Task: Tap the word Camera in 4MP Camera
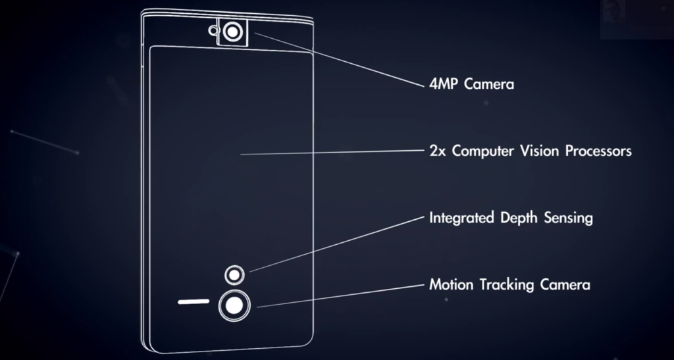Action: (x=488, y=85)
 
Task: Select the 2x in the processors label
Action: (x=438, y=151)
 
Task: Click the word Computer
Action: (x=482, y=152)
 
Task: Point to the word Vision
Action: (x=542, y=151)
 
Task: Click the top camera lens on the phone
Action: (x=233, y=31)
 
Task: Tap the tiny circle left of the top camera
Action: (x=213, y=30)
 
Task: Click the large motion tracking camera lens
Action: (x=233, y=305)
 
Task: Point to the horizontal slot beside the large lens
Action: (x=193, y=303)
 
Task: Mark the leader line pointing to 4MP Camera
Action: (x=336, y=59)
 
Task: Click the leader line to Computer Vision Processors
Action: (x=329, y=153)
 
